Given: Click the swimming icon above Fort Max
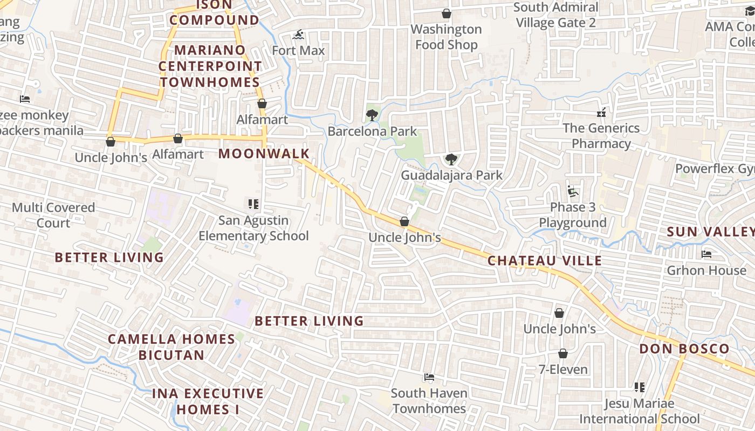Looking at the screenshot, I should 298,36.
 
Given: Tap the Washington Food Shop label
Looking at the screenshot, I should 446,37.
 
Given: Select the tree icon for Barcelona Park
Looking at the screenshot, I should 372,115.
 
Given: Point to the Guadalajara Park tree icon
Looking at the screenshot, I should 451,159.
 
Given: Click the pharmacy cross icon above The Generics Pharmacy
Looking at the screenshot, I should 601,113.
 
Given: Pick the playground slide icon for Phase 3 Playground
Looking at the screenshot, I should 572,191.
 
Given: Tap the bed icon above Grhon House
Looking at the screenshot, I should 706,254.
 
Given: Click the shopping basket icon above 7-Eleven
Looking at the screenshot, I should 563,353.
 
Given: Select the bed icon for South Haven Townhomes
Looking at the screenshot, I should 429,377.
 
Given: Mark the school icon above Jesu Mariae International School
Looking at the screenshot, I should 640,387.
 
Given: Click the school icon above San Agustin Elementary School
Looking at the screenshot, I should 253,204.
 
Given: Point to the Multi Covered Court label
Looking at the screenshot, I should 53,215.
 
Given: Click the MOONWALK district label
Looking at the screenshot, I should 264,154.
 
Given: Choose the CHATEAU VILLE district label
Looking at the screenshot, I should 545,261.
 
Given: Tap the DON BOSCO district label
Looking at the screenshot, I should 684,349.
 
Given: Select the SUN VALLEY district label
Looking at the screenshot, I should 710,232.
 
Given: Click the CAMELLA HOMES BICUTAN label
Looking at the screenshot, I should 171,347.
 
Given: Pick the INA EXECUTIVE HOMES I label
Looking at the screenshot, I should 208,401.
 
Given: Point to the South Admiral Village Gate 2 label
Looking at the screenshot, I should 555,15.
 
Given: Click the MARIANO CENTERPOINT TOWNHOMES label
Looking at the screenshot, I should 210,66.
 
